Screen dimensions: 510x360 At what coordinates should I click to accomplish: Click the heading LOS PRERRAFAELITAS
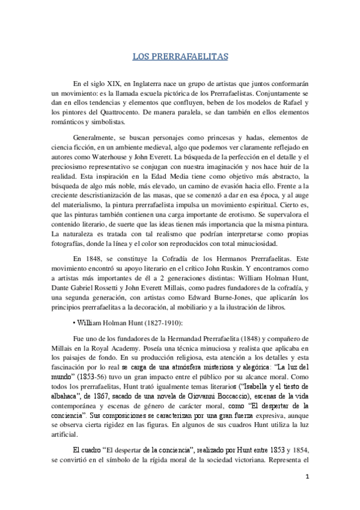tap(180, 57)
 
